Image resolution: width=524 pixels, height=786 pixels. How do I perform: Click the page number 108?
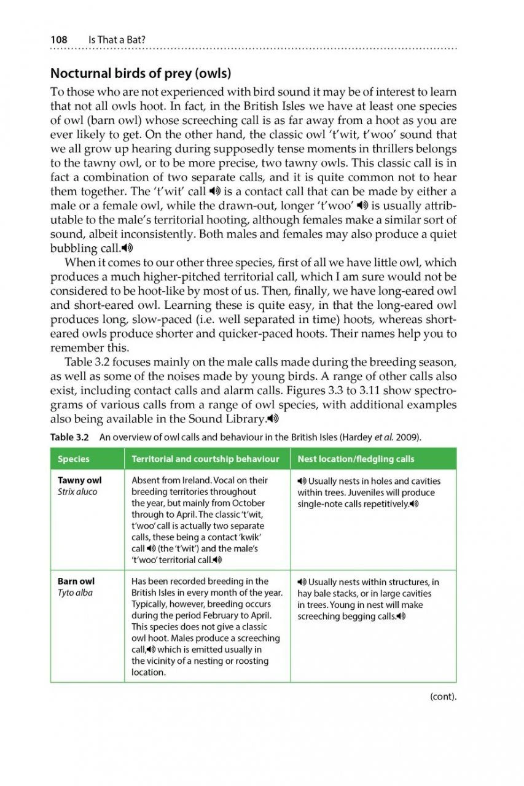(59, 39)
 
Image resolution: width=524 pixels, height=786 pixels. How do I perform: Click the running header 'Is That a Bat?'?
(117, 39)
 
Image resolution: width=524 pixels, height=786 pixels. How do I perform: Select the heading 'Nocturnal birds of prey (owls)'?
(140, 74)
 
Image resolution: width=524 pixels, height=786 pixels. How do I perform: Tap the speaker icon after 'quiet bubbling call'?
(127, 248)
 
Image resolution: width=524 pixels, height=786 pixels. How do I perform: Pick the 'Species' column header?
(73, 459)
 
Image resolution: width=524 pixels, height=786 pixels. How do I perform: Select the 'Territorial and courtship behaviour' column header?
(205, 459)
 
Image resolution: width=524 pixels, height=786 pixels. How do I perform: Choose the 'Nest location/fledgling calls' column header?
(356, 459)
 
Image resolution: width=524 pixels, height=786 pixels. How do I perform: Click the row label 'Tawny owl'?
(79, 480)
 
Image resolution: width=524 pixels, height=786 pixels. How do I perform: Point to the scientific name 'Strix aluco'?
(77, 492)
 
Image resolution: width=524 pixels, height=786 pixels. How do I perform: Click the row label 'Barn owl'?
(76, 581)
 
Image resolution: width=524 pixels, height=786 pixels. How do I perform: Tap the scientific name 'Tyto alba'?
(75, 593)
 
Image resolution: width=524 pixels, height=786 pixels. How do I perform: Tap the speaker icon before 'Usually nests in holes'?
(302, 481)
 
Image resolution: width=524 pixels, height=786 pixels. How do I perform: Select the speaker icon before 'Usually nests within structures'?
(302, 582)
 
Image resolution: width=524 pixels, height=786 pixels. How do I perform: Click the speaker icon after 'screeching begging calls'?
(402, 615)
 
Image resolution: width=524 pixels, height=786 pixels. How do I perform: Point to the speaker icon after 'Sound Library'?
(273, 419)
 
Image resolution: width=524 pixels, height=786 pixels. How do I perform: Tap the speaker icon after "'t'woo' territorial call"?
(217, 559)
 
